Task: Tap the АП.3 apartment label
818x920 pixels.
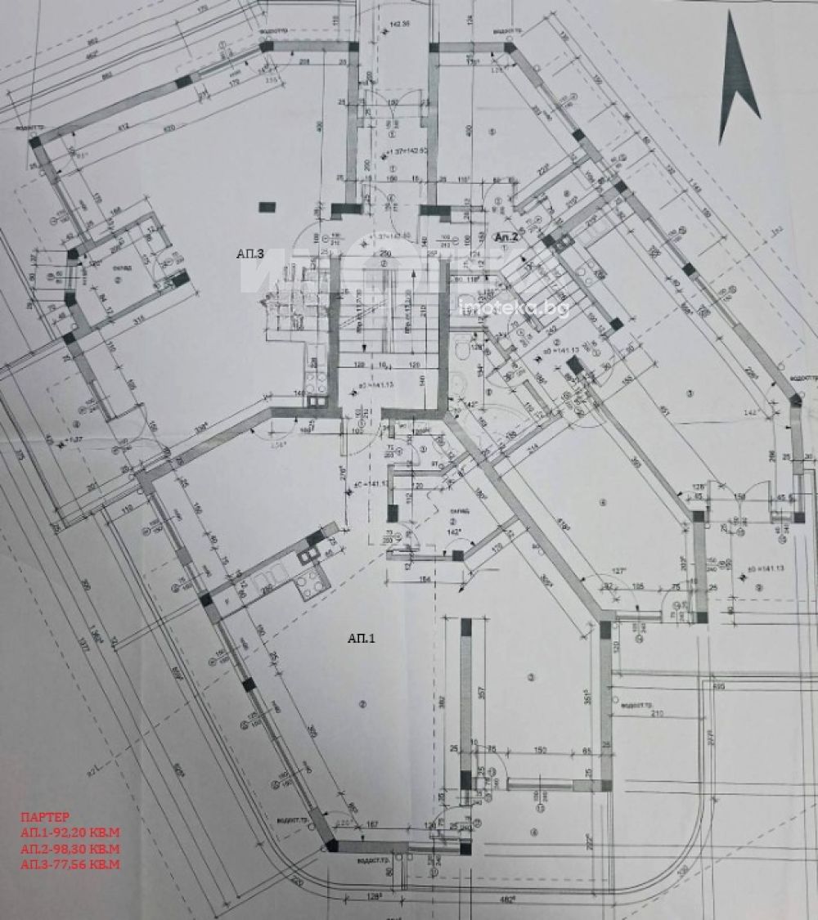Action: (x=249, y=254)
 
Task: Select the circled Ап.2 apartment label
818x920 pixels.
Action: (x=507, y=236)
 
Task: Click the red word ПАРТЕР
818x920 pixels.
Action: (x=45, y=816)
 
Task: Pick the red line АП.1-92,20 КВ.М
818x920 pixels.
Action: (x=70, y=832)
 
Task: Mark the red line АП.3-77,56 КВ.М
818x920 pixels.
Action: (x=70, y=864)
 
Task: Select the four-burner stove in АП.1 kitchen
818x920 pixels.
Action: (x=311, y=583)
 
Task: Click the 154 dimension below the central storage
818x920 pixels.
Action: (x=424, y=580)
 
